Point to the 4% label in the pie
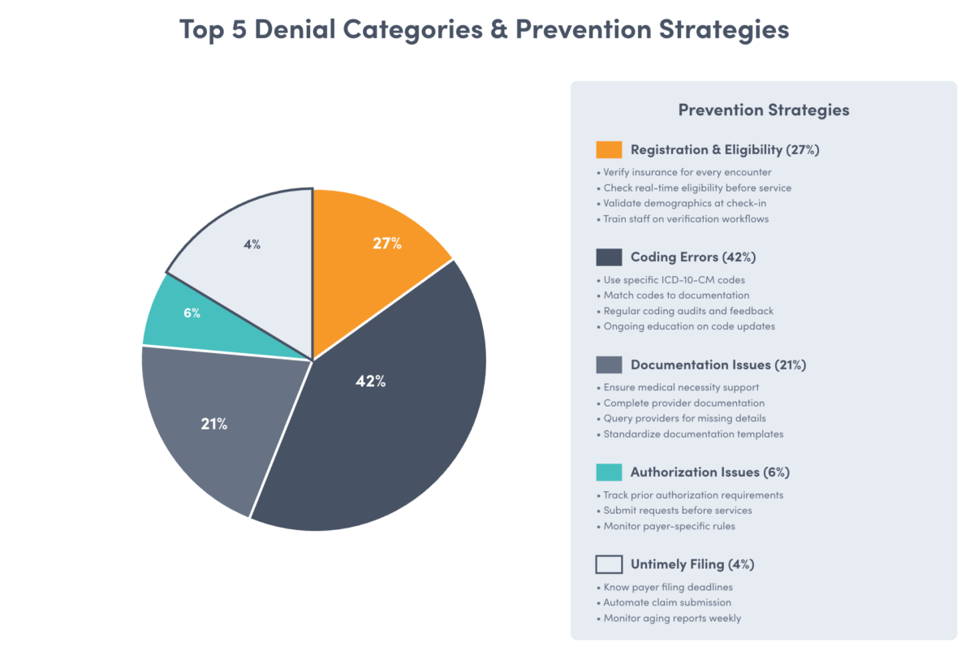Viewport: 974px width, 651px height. pos(252,244)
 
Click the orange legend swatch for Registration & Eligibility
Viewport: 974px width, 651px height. pos(609,149)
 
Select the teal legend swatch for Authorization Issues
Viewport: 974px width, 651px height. pos(609,472)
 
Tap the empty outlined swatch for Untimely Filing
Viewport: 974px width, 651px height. pos(609,564)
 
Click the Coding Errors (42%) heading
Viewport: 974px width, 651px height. pos(693,257)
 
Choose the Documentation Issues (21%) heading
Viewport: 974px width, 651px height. pos(718,364)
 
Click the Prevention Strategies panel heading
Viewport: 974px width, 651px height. pos(763,110)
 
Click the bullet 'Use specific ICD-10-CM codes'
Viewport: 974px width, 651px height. pos(674,280)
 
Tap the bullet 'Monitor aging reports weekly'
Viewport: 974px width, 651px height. pos(672,618)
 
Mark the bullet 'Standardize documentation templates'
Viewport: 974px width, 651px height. pos(693,434)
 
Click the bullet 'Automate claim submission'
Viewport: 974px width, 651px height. pos(667,602)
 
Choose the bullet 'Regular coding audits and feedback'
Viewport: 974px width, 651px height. pos(688,311)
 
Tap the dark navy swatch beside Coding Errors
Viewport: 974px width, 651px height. pos(609,257)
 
